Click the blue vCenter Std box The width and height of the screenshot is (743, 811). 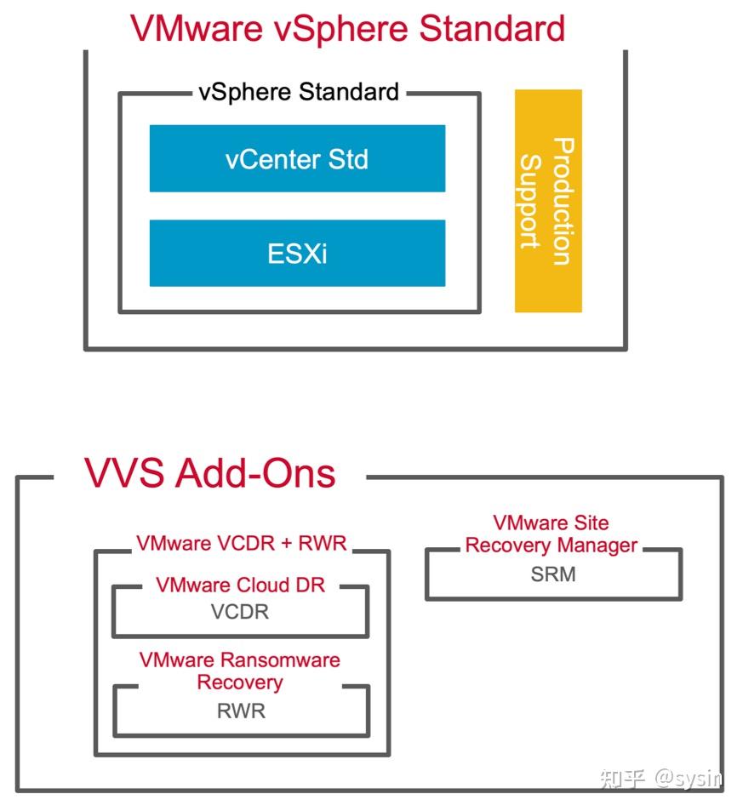(x=297, y=158)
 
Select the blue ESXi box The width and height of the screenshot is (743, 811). (x=297, y=253)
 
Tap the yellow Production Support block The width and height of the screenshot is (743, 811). (x=548, y=201)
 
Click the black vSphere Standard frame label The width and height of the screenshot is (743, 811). (x=299, y=92)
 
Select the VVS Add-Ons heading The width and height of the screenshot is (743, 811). (x=209, y=473)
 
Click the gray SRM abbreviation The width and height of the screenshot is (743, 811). (x=553, y=574)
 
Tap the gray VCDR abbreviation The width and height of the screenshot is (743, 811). (x=240, y=612)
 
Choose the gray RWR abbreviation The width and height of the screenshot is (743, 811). (x=241, y=711)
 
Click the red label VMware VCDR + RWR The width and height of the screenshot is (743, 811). (x=242, y=543)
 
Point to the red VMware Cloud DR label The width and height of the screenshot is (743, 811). (x=240, y=585)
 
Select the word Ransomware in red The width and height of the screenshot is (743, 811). (x=280, y=660)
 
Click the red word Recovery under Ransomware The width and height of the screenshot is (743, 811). (x=239, y=682)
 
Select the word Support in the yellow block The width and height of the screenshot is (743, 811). (x=531, y=201)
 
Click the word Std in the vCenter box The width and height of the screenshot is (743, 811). (x=348, y=159)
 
